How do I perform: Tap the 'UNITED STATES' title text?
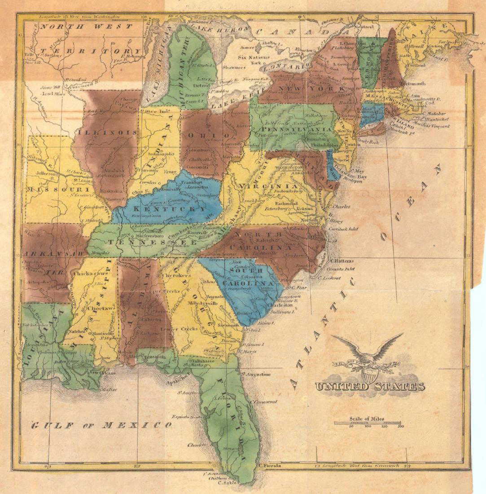(x=370, y=387)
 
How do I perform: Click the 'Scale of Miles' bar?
(x=368, y=423)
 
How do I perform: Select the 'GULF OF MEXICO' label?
(x=101, y=425)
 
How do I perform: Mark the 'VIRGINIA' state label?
(x=268, y=186)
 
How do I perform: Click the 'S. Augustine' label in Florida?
(x=256, y=374)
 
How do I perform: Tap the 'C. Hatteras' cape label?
(x=342, y=261)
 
